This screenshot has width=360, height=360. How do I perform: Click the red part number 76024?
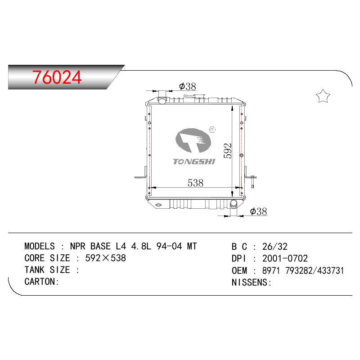pos(57,77)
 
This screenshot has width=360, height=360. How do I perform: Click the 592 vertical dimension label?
pos(227,151)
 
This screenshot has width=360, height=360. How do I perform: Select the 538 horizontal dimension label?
pos(195,183)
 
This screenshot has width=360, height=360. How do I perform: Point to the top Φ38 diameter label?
pos(188,86)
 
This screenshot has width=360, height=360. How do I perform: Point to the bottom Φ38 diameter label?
pos(258,211)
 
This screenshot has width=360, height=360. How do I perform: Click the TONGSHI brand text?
pos(194,162)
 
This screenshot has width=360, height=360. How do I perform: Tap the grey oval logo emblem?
pos(193,140)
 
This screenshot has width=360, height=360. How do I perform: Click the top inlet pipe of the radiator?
pos(162,98)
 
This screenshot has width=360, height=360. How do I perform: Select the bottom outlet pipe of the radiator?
pos(234,204)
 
